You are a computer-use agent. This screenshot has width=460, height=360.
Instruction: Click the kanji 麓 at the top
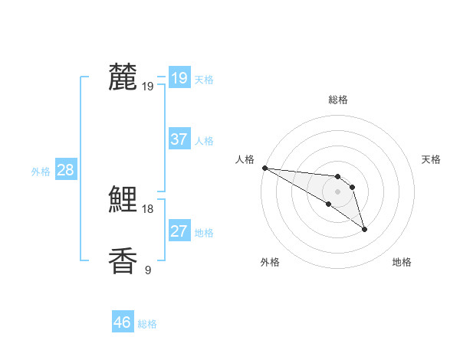tap(123, 77)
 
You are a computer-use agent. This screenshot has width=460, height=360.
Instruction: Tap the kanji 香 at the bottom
tap(123, 261)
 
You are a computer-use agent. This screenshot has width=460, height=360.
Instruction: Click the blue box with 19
tap(179, 77)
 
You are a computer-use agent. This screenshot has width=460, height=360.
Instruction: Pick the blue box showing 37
tap(179, 139)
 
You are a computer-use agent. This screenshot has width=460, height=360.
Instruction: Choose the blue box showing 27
tap(179, 231)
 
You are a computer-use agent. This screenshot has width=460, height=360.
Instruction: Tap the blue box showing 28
tap(65, 170)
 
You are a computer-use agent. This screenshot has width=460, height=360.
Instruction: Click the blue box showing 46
tap(123, 322)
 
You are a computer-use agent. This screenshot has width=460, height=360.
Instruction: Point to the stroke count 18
tap(148, 208)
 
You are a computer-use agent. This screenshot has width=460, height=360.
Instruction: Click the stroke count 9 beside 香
tap(148, 270)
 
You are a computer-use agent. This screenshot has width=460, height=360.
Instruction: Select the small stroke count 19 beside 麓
tap(148, 86)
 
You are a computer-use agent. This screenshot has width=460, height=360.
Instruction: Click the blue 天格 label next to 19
tap(204, 79)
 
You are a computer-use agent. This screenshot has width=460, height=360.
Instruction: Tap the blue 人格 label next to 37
tap(204, 141)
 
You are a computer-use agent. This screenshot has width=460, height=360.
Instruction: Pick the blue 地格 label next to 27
tap(204, 233)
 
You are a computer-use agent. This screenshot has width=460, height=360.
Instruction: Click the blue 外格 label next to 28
tap(41, 172)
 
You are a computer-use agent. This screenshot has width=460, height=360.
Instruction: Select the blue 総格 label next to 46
tap(147, 324)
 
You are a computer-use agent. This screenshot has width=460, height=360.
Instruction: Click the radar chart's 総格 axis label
tap(338, 100)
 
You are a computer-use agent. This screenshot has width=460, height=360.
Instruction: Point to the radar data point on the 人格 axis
tap(264, 168)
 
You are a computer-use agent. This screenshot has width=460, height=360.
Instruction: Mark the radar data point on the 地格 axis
tap(364, 229)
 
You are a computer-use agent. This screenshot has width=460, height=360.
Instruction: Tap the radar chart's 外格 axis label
tap(270, 262)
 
